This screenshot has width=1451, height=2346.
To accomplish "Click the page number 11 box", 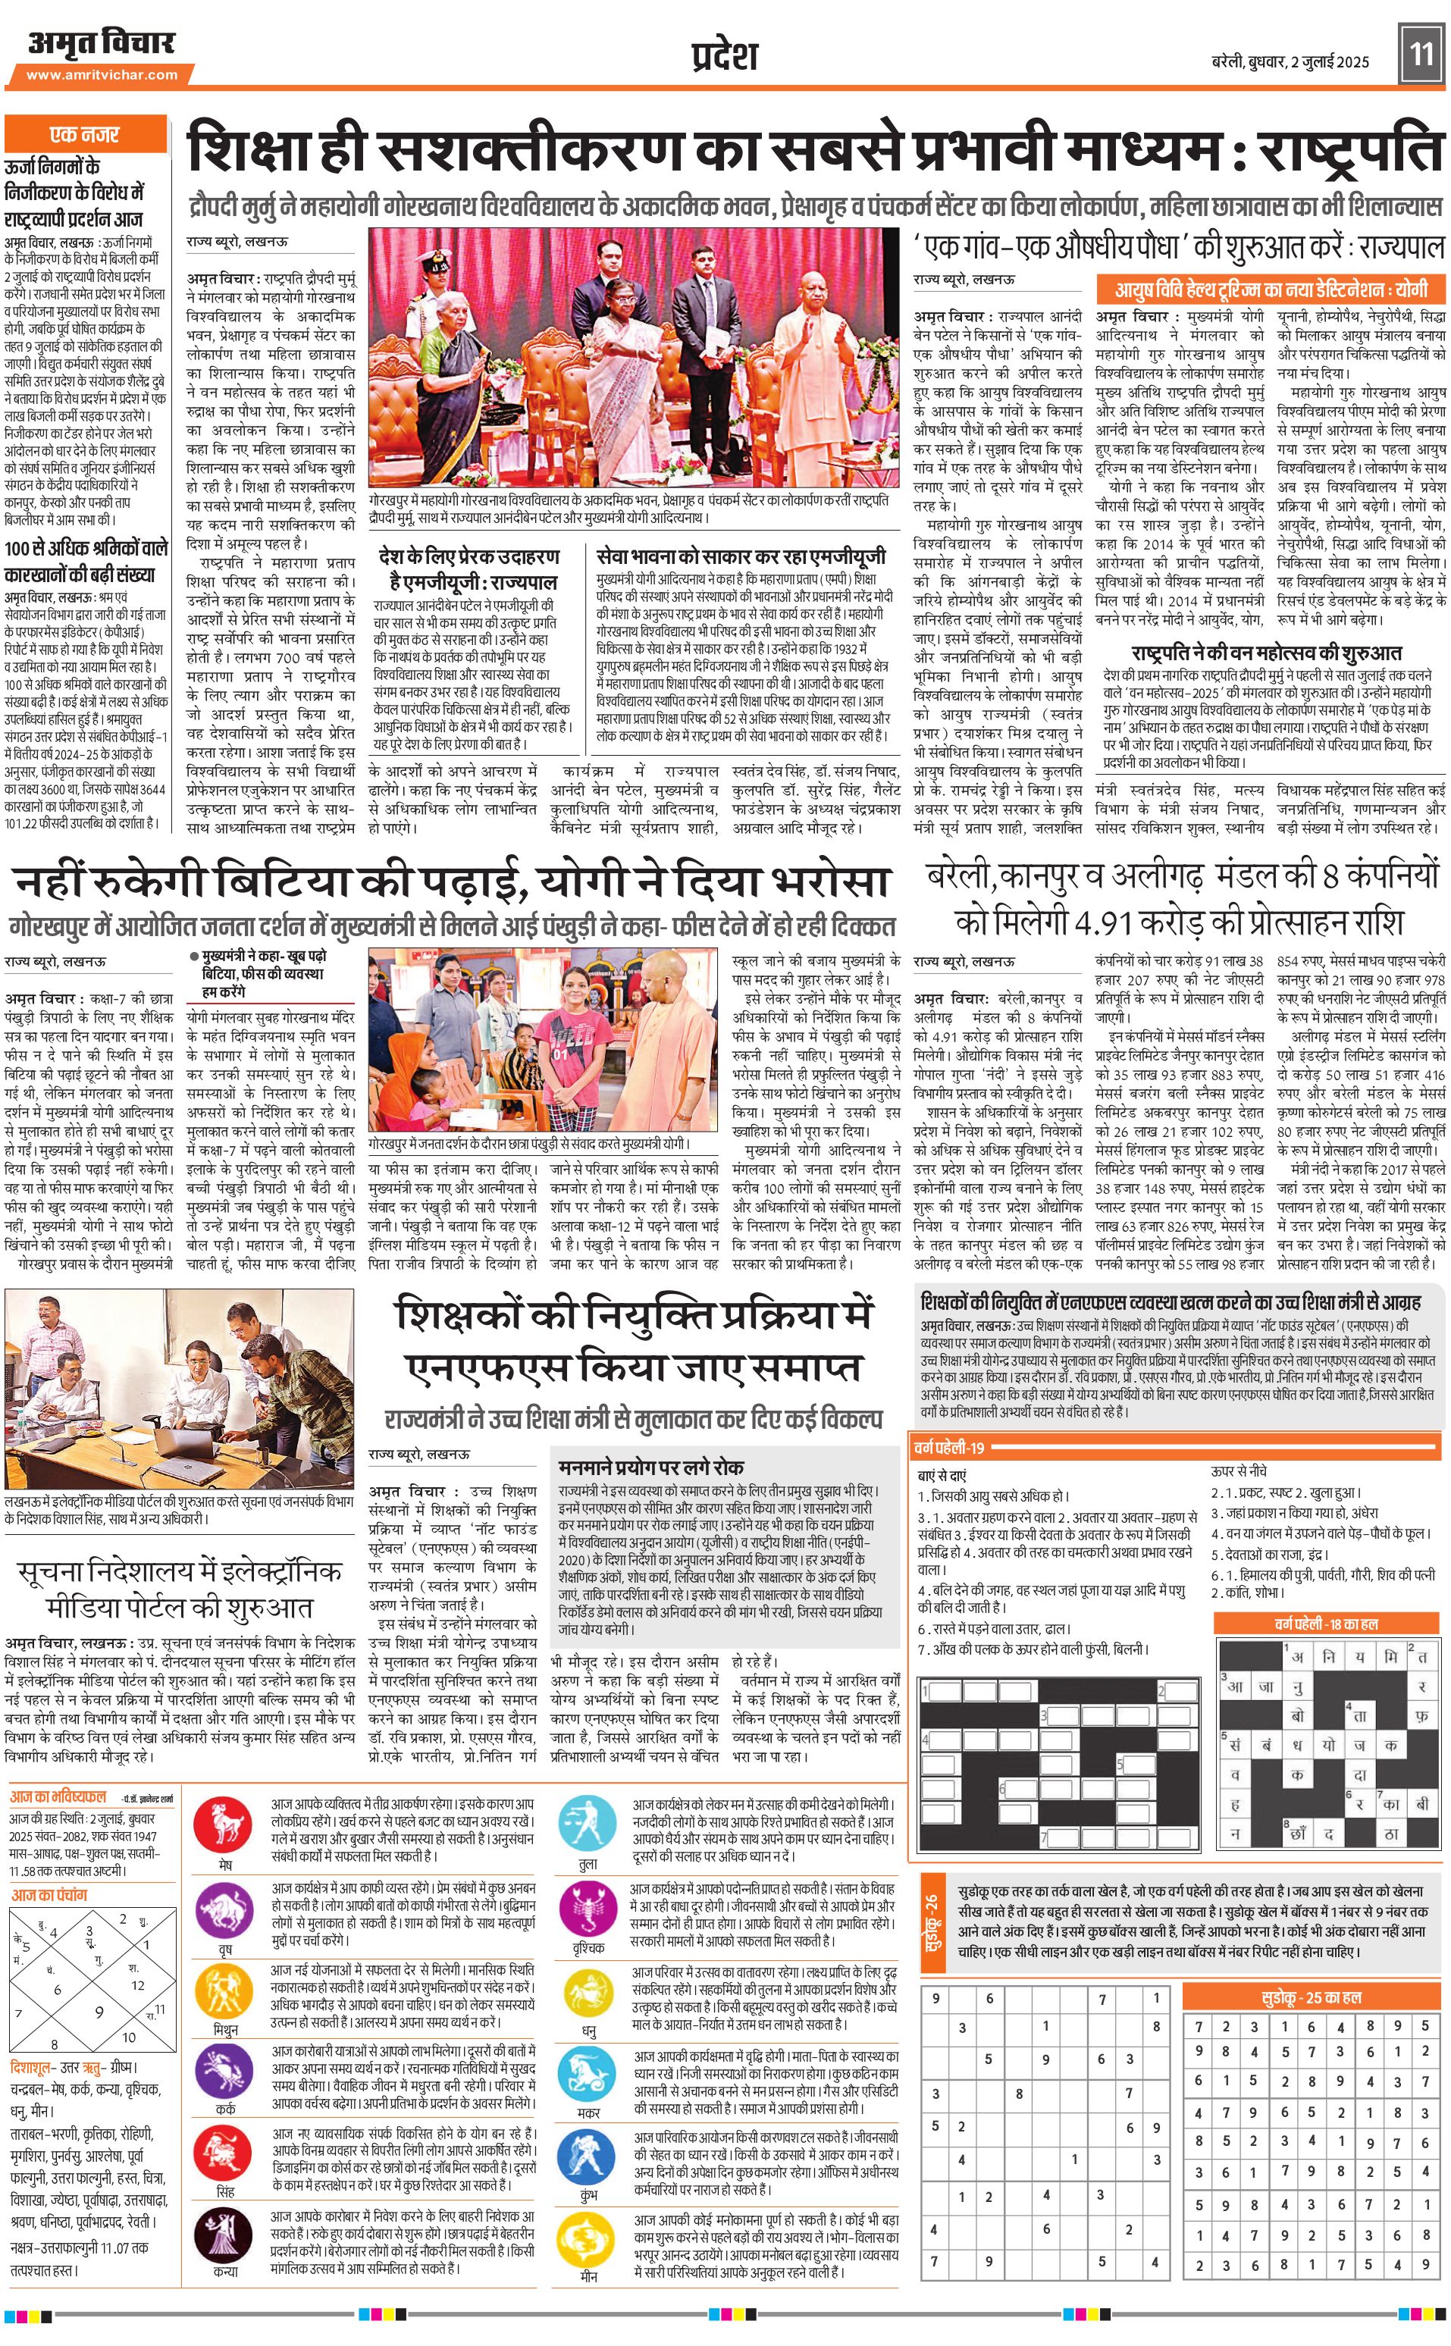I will pos(1420,51).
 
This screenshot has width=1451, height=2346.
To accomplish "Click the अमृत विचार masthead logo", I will pos(101,43).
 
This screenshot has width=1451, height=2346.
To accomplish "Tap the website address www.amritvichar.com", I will pos(102,74).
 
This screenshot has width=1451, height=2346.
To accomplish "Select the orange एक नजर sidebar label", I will pos(84,134).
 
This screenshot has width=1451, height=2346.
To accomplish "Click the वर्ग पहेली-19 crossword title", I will pos(950,1448).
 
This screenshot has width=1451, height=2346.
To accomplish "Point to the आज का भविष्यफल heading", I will pos(58,1796).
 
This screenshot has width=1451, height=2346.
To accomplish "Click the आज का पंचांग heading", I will pos(49,1894).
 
